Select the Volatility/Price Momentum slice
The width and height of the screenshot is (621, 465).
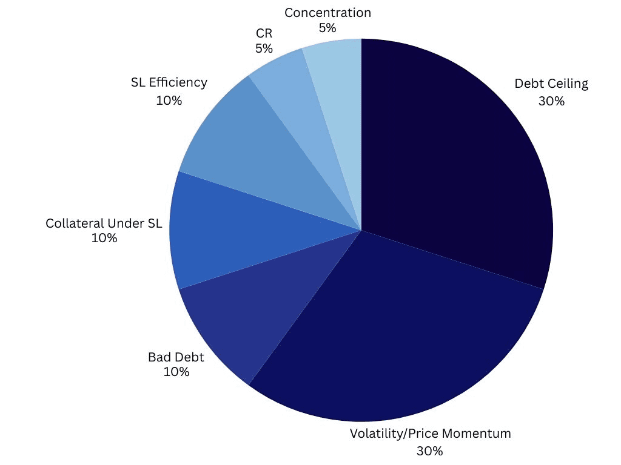[388, 339]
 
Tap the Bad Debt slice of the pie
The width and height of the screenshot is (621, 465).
[243, 315]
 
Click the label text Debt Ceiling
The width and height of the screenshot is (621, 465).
[551, 84]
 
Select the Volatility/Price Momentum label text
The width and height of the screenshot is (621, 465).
[430, 434]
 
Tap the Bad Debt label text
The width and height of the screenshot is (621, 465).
[176, 357]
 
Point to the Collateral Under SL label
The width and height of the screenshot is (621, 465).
[104, 223]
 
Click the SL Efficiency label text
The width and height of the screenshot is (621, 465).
[169, 82]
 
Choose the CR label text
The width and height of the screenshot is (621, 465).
[264, 34]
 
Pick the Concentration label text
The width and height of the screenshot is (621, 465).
[327, 13]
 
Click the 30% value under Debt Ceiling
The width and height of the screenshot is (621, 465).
[551, 101]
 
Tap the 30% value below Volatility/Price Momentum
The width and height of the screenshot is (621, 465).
[429, 451]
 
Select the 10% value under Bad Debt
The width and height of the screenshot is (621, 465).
[176, 372]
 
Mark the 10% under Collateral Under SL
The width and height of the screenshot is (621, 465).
[104, 239]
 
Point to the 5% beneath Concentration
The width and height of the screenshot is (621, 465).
[327, 28]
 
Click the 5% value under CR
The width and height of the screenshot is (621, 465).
[264, 49]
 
